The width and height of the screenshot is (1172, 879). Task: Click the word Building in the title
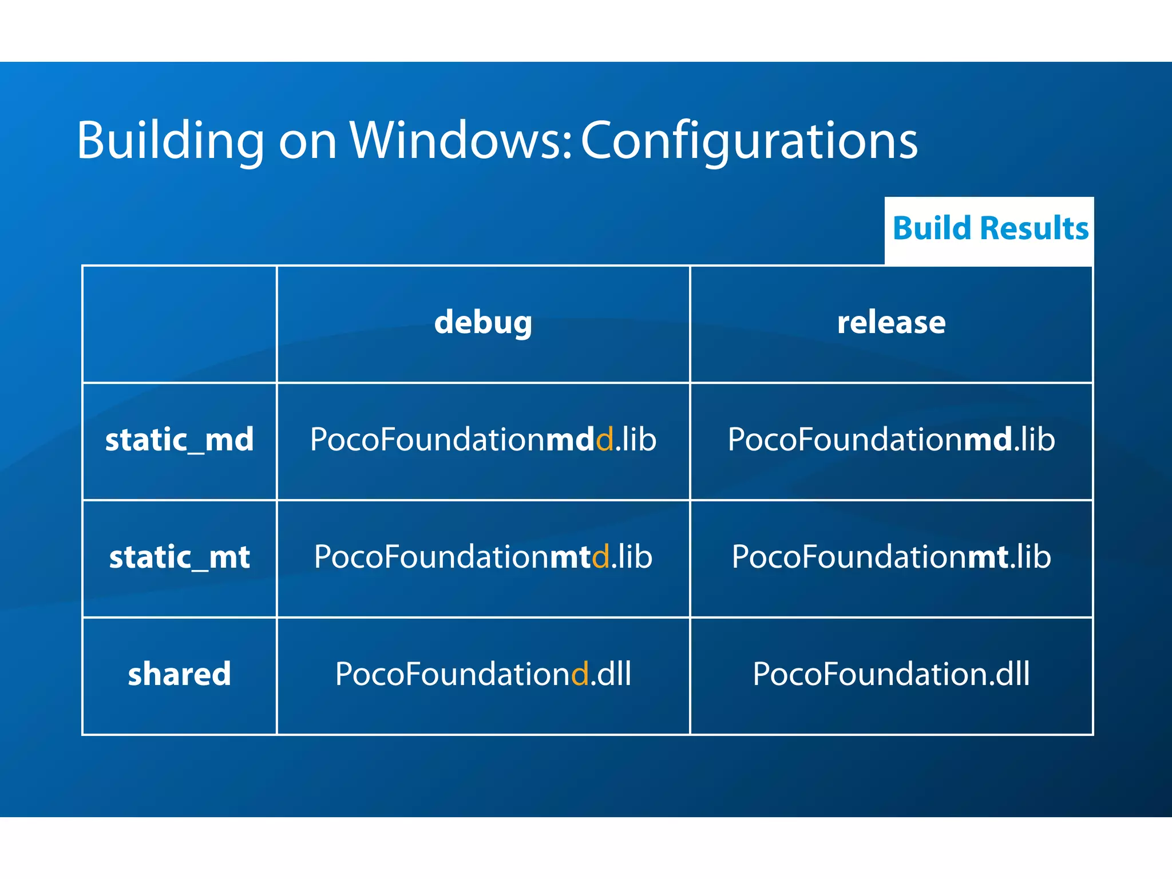[170, 141]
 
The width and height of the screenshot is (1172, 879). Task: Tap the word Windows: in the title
[461, 141]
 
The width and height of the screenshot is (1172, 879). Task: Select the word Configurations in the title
[749, 141]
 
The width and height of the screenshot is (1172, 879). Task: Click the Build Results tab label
[990, 228]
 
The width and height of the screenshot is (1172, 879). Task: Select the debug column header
[483, 323]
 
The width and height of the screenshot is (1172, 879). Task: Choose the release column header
[891, 323]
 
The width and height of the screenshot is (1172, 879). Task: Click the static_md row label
[179, 440]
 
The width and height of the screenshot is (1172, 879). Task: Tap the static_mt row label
[179, 557]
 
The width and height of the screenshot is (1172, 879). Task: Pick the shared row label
[179, 674]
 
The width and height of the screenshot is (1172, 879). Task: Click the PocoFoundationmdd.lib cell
[483, 440]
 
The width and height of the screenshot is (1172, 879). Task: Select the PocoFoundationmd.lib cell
[891, 440]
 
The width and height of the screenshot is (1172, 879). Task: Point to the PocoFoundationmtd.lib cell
[483, 557]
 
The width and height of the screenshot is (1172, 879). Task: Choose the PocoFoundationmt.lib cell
[891, 557]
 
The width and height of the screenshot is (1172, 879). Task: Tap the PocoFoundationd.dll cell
[483, 674]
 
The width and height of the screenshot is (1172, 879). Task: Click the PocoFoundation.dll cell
[891, 674]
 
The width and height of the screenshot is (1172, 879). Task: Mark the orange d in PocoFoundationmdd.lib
[605, 440]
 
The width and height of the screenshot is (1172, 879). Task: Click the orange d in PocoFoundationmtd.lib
[601, 557]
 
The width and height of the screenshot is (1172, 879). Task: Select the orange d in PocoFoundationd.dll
[580, 674]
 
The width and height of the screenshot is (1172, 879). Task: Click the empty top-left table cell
[179, 324]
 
